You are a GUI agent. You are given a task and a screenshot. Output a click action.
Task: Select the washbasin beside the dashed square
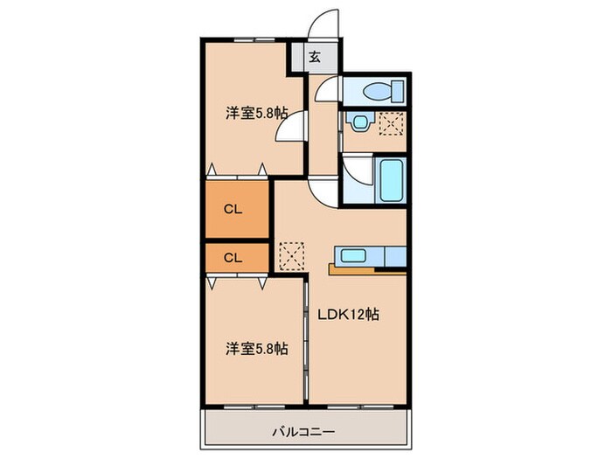(x=358, y=122)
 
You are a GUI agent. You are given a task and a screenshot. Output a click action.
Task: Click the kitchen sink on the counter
(x=353, y=256)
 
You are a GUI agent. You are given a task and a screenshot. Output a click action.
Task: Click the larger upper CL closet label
(x=232, y=209)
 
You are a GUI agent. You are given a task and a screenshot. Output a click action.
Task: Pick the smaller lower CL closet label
(x=232, y=257)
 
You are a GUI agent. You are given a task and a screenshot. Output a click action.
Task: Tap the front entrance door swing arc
(x=325, y=24)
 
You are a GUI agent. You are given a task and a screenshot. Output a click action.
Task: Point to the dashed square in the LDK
(x=289, y=254)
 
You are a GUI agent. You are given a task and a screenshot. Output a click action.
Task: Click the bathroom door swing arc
(x=353, y=171)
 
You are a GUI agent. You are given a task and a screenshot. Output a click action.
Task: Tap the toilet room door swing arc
(x=325, y=87)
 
